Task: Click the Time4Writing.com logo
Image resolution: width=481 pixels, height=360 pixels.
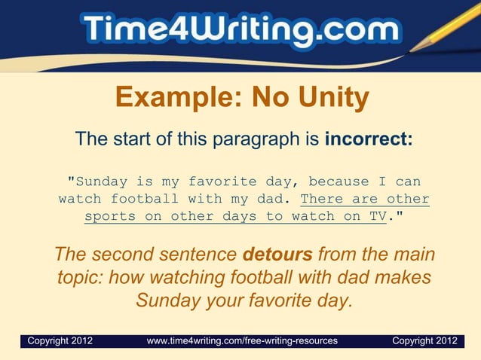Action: [240, 32]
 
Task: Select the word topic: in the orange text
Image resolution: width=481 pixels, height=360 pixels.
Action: [80, 277]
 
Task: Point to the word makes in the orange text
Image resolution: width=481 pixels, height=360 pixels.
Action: [407, 277]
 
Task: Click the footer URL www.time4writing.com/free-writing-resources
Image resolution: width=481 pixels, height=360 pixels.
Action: [242, 341]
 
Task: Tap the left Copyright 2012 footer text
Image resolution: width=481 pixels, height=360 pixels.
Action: [60, 341]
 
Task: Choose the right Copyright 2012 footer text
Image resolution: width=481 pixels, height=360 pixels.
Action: [424, 341]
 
